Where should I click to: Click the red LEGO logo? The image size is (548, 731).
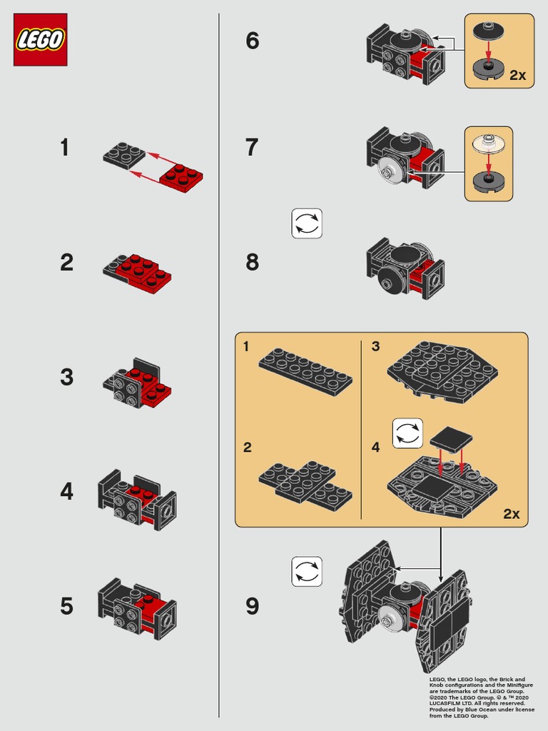click(x=40, y=39)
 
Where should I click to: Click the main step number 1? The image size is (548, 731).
click(x=65, y=148)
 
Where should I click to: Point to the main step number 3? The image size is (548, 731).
click(x=66, y=377)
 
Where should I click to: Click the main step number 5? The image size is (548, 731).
click(x=66, y=606)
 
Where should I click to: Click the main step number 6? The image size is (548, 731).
click(x=253, y=41)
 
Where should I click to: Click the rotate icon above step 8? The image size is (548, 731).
click(x=307, y=223)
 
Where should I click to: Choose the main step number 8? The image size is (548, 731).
click(x=253, y=262)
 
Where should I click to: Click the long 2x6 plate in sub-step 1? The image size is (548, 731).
click(x=305, y=371)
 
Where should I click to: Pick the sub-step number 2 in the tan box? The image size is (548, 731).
click(x=247, y=448)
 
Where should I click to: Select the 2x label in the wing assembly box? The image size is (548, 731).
click(x=511, y=513)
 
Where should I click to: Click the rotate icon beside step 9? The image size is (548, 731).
click(x=307, y=572)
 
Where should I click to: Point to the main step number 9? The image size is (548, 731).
click(x=253, y=606)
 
